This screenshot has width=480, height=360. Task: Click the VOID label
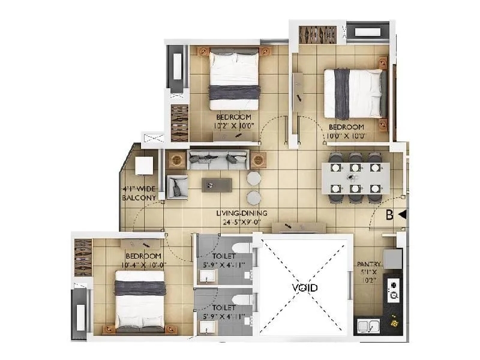305,288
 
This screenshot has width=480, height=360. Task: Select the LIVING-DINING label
242,213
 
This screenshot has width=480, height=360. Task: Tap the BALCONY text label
139,197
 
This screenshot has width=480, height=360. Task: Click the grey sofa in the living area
218,159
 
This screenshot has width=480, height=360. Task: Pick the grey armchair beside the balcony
178,187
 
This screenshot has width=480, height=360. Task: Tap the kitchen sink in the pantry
367,326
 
